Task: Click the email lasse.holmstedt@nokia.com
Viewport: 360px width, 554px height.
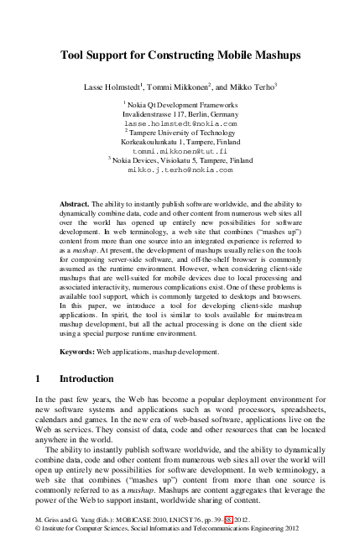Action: coord(180,123)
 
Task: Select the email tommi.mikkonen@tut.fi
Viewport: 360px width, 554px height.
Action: coord(180,149)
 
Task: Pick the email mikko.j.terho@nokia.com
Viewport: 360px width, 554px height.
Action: coord(180,169)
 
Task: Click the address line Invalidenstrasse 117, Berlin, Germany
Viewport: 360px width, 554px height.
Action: coord(180,113)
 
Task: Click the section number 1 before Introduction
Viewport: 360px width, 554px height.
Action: coord(39,379)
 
